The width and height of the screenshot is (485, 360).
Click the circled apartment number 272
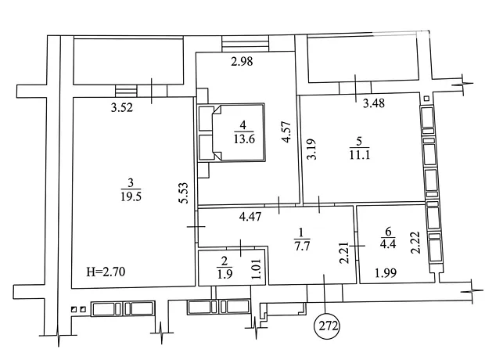(327, 326)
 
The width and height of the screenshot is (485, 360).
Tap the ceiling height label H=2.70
(106, 272)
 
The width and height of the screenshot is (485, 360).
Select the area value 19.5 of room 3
(131, 196)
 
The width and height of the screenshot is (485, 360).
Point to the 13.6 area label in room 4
(244, 139)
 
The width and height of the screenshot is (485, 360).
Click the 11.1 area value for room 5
(360, 154)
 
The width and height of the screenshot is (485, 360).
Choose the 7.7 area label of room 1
(302, 246)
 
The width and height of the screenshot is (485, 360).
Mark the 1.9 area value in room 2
(225, 274)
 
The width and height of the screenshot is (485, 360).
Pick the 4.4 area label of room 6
(388, 243)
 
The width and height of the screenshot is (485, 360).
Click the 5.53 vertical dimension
(184, 193)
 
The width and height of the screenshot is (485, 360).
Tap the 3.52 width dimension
(122, 107)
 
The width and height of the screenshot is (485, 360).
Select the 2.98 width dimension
(242, 61)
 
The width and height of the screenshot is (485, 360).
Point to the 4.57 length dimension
(287, 131)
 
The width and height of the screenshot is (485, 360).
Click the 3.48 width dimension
(374, 103)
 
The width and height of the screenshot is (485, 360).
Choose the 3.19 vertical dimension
(312, 149)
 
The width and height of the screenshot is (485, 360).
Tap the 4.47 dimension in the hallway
(250, 216)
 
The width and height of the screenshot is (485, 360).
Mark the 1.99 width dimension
(386, 273)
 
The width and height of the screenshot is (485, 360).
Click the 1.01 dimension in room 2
(257, 269)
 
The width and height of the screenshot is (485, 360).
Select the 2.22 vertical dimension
(416, 243)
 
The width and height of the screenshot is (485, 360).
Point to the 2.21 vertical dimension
(344, 253)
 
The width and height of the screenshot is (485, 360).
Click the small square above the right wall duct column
(426, 99)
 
